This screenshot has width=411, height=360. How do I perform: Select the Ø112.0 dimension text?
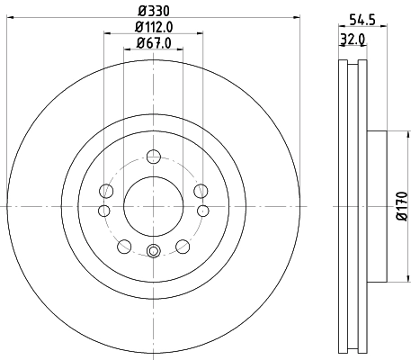coord(154,27)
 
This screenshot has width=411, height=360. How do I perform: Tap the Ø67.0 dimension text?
coord(152,41)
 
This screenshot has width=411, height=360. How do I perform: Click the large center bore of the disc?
coord(152,200)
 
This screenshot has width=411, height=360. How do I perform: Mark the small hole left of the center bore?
coord(104,211)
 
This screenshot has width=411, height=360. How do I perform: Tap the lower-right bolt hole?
coord(183,244)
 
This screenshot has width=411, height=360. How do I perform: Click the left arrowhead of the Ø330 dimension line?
coord(9,19)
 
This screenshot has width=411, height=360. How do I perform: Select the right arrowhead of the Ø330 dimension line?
coord(297,19)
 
